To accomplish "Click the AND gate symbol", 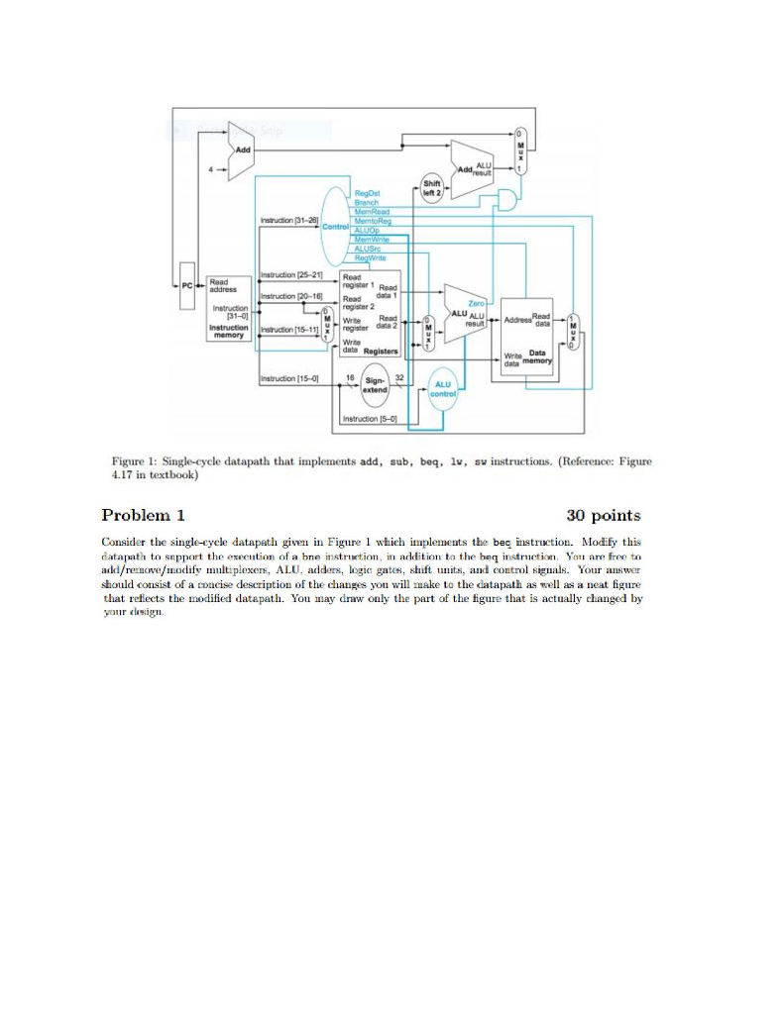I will point(507,201).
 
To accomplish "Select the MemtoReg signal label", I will point(373,218).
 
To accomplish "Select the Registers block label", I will point(381,351).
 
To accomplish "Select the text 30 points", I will point(603,515).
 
